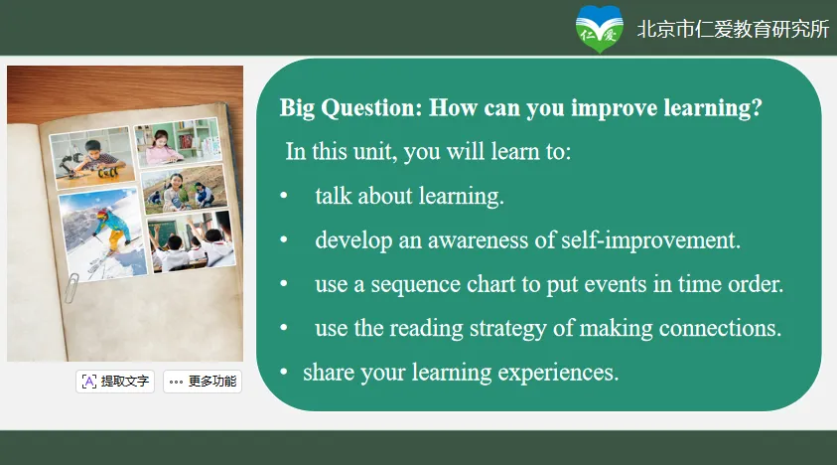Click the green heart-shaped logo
[599, 29]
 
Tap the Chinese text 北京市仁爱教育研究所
[733, 29]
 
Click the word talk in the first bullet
[333, 196]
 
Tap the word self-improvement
[650, 240]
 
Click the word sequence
[415, 285]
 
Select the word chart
[491, 284]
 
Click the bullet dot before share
[284, 372]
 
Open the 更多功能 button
[203, 382]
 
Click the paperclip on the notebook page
[71, 287]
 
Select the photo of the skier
[102, 234]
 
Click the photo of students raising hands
[191, 241]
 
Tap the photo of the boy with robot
[92, 158]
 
